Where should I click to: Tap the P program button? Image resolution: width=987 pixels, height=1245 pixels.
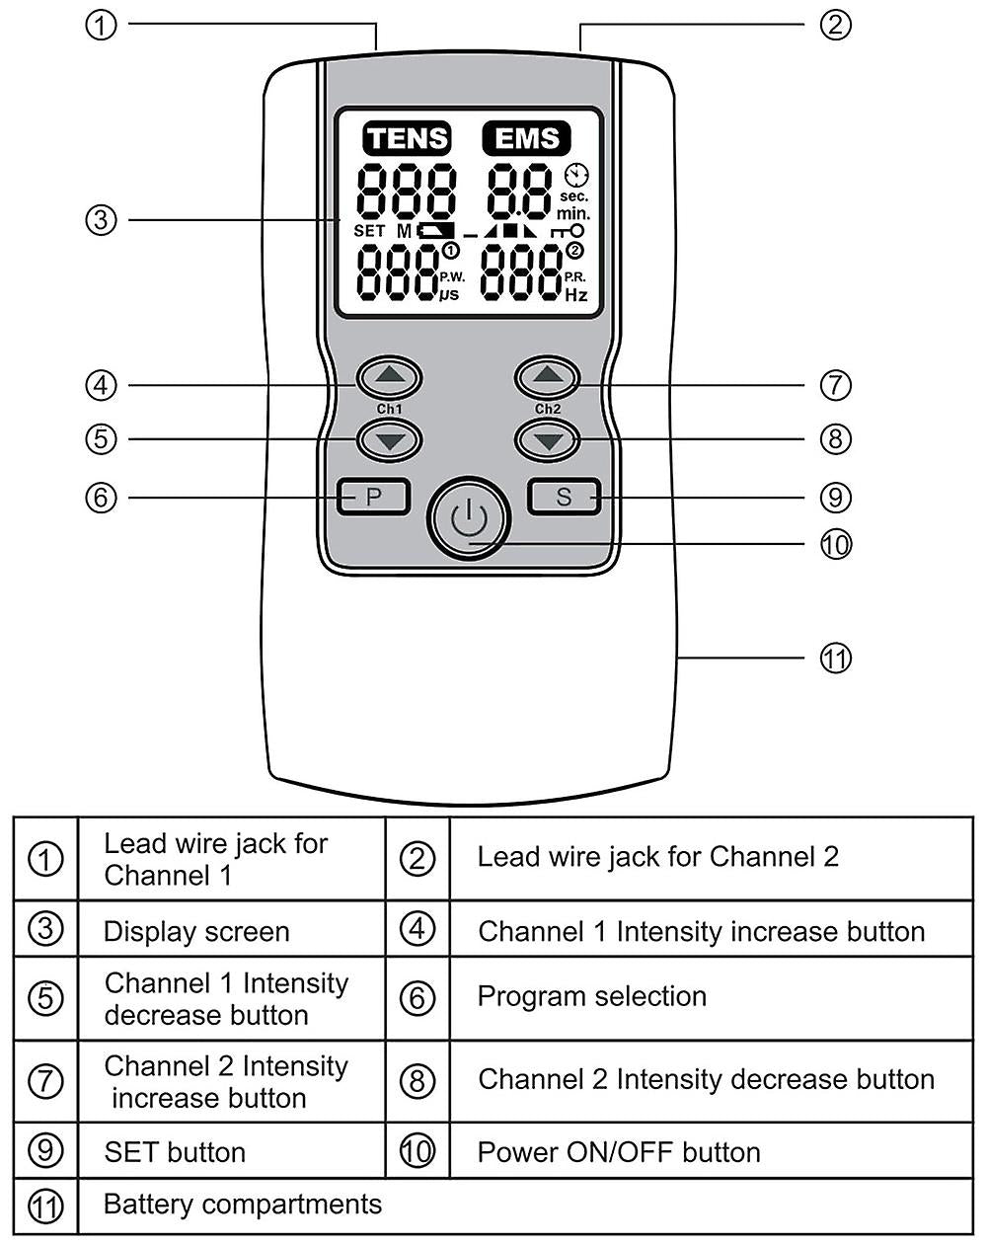point(373,497)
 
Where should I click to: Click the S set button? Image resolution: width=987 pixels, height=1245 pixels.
point(564,497)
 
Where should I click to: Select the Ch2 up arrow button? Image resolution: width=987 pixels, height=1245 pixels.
point(548,376)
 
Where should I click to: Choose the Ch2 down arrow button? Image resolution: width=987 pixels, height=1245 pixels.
point(548,439)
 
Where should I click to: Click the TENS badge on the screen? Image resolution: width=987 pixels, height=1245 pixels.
point(407,138)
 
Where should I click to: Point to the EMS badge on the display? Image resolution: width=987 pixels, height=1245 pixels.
point(526,138)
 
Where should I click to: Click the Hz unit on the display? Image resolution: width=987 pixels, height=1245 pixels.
point(575,295)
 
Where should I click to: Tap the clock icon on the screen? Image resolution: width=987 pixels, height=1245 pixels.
point(575,175)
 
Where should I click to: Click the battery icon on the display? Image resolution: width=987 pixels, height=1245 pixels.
point(435,231)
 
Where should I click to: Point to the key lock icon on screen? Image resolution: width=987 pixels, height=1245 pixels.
point(568,231)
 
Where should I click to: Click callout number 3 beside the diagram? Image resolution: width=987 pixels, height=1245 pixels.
point(101,219)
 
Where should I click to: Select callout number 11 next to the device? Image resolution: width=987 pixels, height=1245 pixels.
point(835,658)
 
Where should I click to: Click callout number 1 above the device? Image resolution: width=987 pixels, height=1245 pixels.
point(101,25)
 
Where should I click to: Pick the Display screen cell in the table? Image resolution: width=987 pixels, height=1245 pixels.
point(196,931)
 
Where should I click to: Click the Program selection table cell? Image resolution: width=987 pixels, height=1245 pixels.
point(592,996)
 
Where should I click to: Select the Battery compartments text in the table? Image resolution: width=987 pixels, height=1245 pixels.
point(242,1205)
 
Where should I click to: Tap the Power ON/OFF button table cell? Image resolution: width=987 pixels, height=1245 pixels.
point(619,1152)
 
